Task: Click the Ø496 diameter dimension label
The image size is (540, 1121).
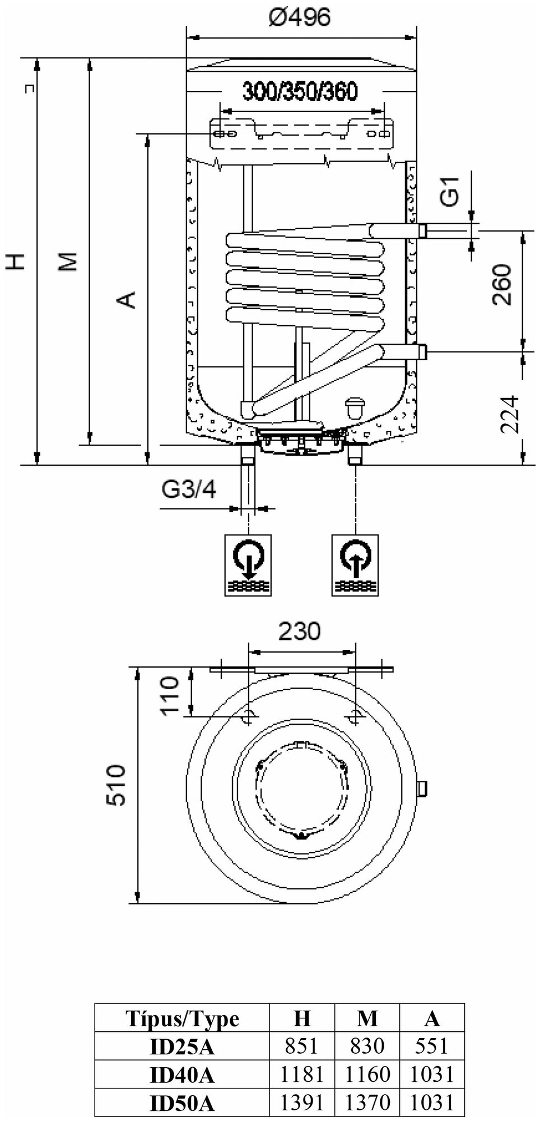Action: pos(299,17)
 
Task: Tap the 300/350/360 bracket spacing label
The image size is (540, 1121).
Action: pos(299,91)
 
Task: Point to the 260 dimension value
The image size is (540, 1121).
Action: pos(502,284)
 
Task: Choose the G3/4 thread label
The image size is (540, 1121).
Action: pos(188,490)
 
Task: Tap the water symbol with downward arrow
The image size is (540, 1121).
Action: pos(248,564)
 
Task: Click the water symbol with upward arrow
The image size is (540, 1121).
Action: pos(355,564)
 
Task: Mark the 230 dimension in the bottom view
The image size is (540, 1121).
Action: pos(300,631)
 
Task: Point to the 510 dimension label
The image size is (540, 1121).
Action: pos(117,784)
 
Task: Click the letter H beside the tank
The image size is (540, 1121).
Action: pos(17,261)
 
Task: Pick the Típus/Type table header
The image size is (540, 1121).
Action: pos(183,1018)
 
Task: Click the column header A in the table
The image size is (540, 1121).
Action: pos(432,1018)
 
